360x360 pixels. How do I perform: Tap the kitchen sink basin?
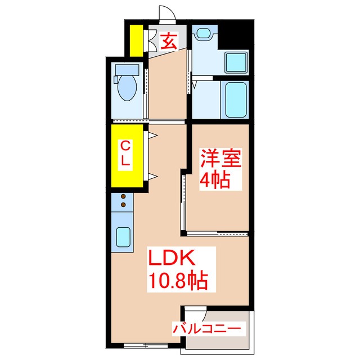click(x=123, y=237)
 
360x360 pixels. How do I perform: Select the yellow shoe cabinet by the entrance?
click(x=135, y=40)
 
